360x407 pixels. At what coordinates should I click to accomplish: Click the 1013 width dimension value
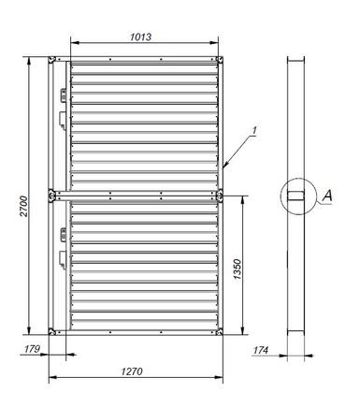pyautogui.click(x=140, y=36)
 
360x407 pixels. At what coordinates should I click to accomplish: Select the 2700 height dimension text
pyautogui.click(x=23, y=206)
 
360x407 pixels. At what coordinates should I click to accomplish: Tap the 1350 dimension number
pyautogui.click(x=238, y=269)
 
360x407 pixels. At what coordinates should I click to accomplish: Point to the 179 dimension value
pyautogui.click(x=32, y=349)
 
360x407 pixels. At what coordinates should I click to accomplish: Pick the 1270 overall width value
pyautogui.click(x=132, y=371)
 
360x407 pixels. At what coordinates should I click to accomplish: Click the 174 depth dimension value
pyautogui.click(x=261, y=350)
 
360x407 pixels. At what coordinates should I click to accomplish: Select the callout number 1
pyautogui.click(x=254, y=131)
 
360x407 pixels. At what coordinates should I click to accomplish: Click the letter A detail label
pyautogui.click(x=327, y=196)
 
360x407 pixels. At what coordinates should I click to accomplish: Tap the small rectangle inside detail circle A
pyautogui.click(x=295, y=196)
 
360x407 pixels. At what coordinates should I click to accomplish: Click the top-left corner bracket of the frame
pyautogui.click(x=51, y=60)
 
